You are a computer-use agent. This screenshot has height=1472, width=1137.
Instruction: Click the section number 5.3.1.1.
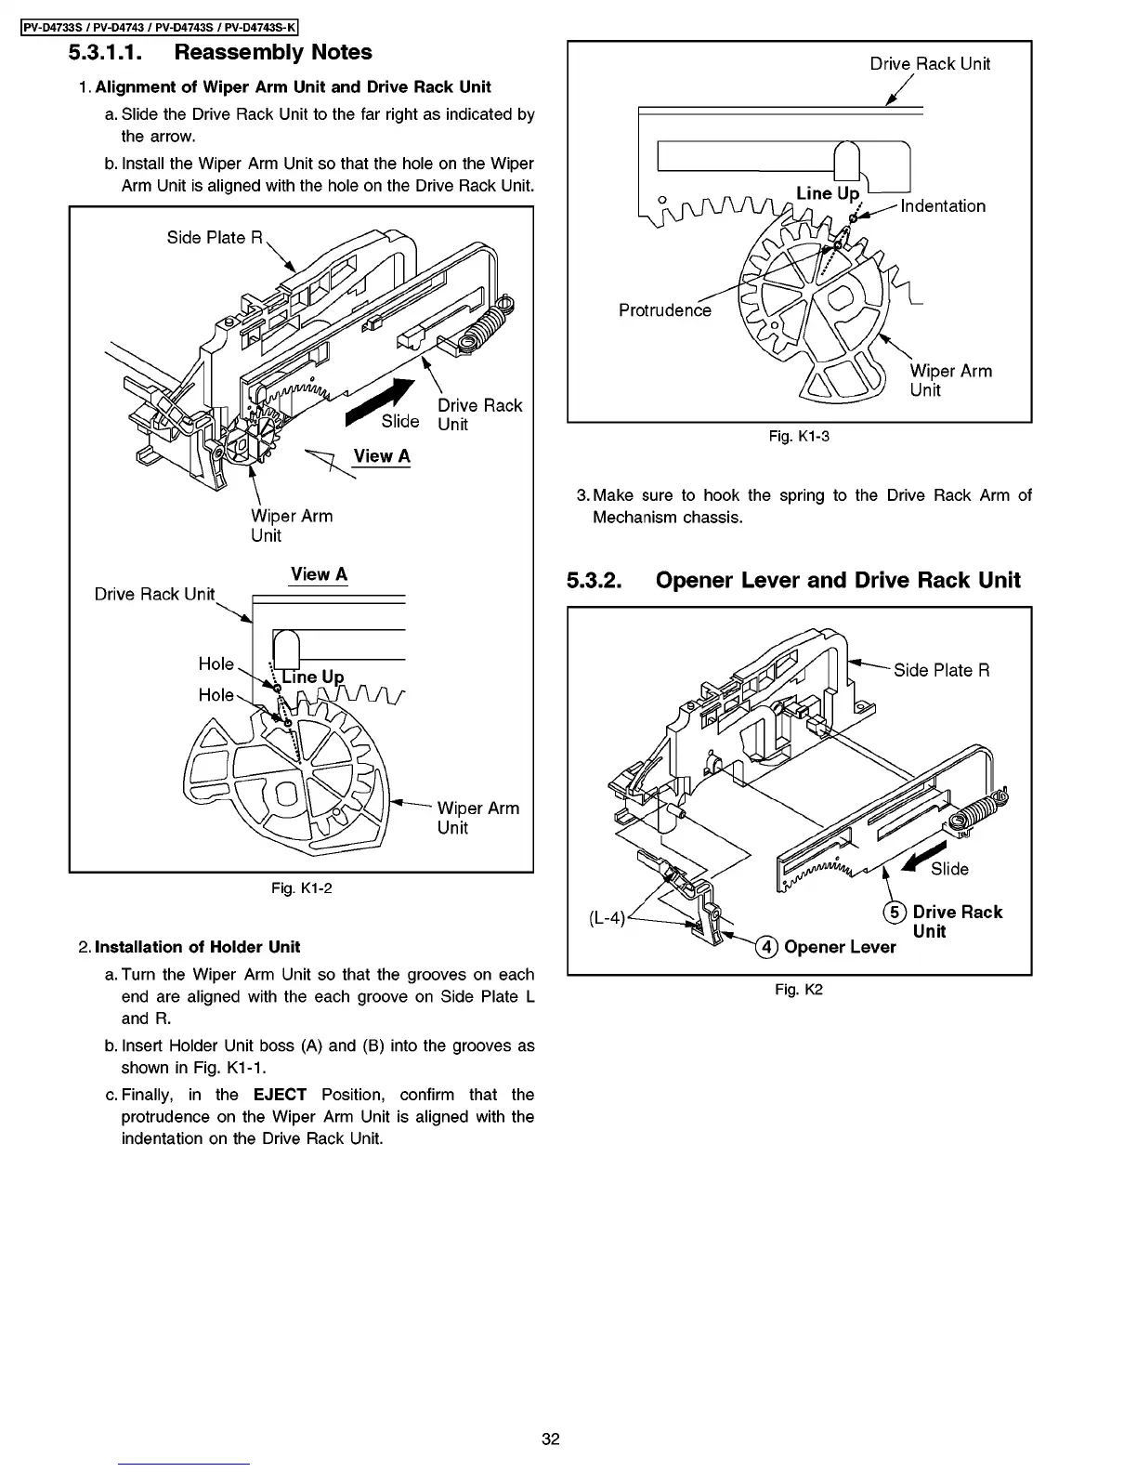pos(104,53)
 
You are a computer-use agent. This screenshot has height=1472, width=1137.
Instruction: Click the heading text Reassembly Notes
pos(273,53)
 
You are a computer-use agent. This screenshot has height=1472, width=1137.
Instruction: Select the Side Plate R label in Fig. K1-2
pos(215,238)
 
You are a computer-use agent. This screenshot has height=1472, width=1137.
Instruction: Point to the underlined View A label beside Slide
pos(381,456)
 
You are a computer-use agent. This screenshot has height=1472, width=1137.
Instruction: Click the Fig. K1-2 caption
pos(301,888)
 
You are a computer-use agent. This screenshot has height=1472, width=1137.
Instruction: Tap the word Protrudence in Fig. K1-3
pos(665,310)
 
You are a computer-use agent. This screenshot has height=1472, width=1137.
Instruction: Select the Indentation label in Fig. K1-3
pos(943,206)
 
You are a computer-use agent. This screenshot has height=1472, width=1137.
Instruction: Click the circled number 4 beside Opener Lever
pos(766,948)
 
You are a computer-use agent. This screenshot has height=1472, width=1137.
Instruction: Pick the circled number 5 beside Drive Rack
pos(895,913)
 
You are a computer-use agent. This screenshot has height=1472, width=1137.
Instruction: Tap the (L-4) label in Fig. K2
pos(608,919)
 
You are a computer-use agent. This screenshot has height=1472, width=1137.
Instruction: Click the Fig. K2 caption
pos(799,990)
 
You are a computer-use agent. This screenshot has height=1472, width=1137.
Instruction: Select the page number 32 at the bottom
pos(551,1439)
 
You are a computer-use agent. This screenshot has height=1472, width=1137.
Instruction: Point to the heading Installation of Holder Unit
pos(197,947)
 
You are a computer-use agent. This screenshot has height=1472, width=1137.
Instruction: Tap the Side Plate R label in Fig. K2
pos(941,671)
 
